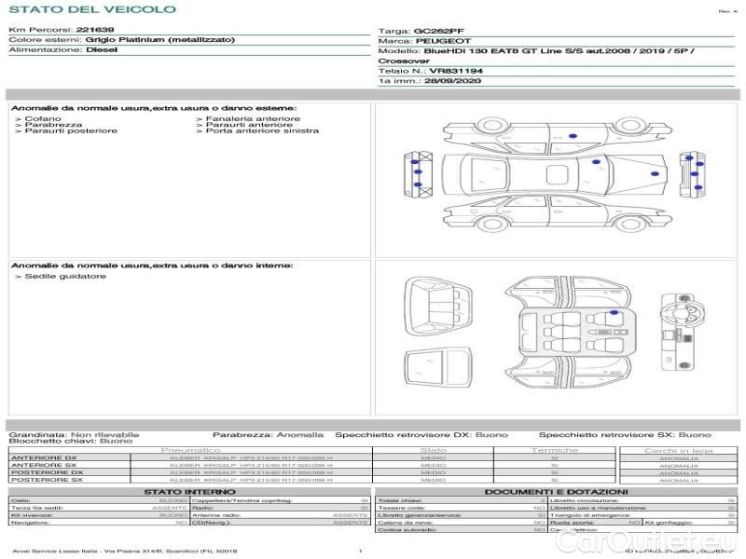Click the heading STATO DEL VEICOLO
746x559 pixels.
[x=91, y=9]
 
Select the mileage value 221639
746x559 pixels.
[x=94, y=30]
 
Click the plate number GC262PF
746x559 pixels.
[x=438, y=31]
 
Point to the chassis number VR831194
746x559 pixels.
[x=456, y=70]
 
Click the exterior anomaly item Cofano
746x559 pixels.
[x=43, y=118]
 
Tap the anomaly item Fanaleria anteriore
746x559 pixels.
[x=253, y=118]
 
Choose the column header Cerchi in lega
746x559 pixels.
[x=678, y=450]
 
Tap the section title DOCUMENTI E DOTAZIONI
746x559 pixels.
[x=556, y=491]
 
